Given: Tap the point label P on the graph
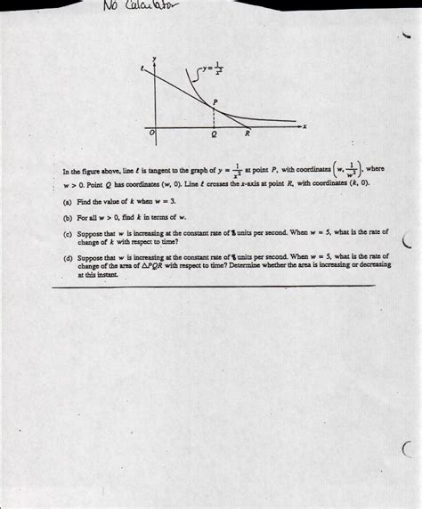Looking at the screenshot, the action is coord(215,102).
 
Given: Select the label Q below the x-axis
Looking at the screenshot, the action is coord(213,136).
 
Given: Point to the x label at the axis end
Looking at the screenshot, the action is coord(304,126).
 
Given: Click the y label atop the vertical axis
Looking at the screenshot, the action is coord(155,60).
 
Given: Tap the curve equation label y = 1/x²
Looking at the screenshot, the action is coord(212,68).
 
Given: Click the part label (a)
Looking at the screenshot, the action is coord(69,203).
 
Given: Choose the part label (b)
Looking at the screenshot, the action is coord(69,217).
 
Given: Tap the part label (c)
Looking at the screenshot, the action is coord(69,232).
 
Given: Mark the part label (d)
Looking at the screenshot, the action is coord(69,256).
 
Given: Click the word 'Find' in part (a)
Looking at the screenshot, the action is coord(85,203).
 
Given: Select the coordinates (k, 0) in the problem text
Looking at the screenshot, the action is coord(358,182).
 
